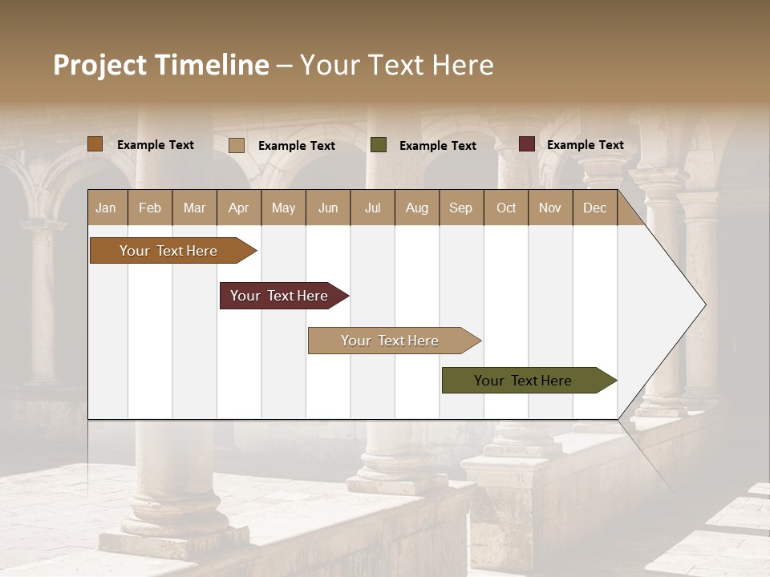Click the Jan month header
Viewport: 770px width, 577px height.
click(x=106, y=208)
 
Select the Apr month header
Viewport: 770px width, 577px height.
click(x=239, y=208)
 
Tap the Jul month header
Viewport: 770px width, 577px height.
click(x=372, y=208)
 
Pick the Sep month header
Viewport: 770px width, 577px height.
click(x=461, y=208)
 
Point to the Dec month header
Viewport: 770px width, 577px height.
click(x=594, y=208)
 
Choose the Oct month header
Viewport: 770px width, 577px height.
click(x=506, y=208)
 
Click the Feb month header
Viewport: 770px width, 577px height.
click(x=150, y=208)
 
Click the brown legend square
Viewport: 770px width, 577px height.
click(x=95, y=144)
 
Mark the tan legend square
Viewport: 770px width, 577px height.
click(x=237, y=145)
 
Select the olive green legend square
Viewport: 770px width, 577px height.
click(x=379, y=145)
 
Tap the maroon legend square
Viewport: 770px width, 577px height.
click(x=527, y=144)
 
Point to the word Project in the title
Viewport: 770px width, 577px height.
click(x=100, y=65)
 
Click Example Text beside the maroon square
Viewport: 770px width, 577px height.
click(x=585, y=145)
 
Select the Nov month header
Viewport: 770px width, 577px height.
click(x=550, y=208)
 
